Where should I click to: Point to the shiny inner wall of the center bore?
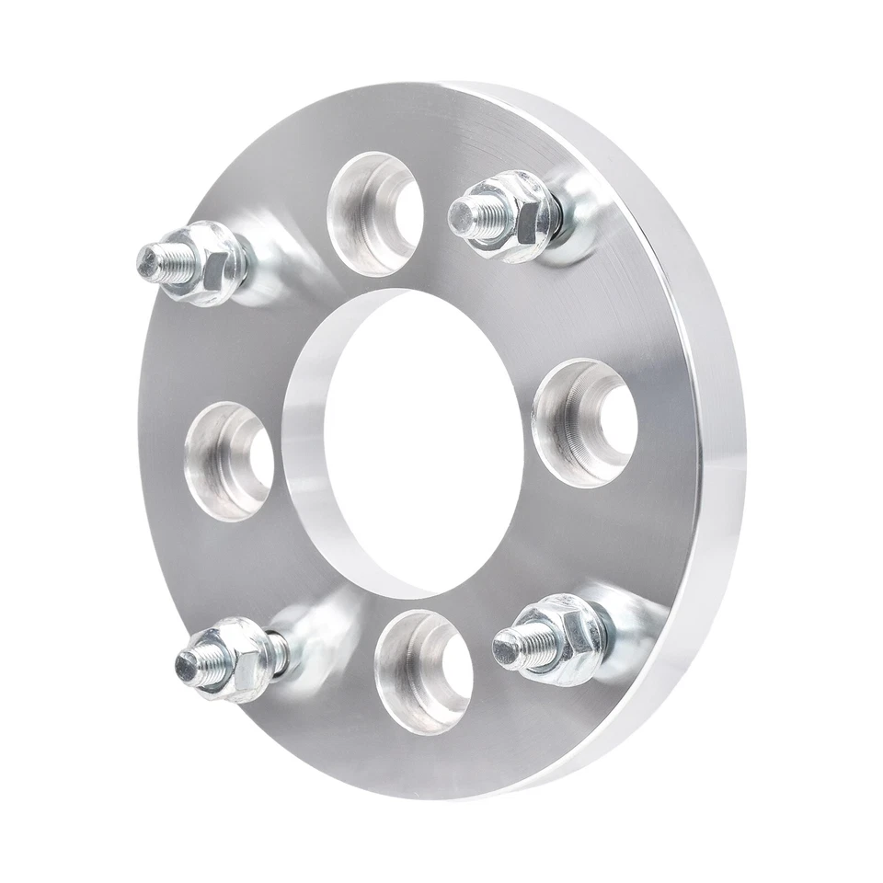click(308, 460)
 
